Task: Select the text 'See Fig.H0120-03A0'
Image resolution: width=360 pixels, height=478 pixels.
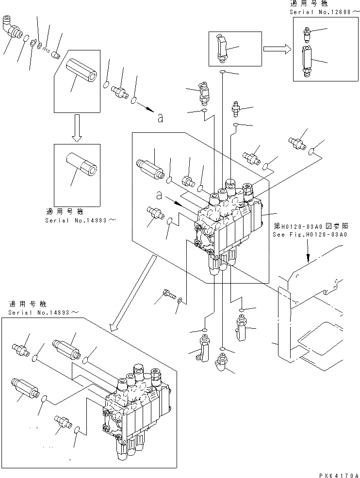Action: [x=310, y=235]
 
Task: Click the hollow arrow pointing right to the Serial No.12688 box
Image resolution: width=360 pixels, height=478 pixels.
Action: [x=277, y=48]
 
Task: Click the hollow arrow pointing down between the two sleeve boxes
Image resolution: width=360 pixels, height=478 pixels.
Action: [x=77, y=128]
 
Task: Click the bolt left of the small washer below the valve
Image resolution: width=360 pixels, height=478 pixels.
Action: [x=168, y=294]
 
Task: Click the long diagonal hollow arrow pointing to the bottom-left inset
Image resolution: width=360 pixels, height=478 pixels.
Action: [x=133, y=293]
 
